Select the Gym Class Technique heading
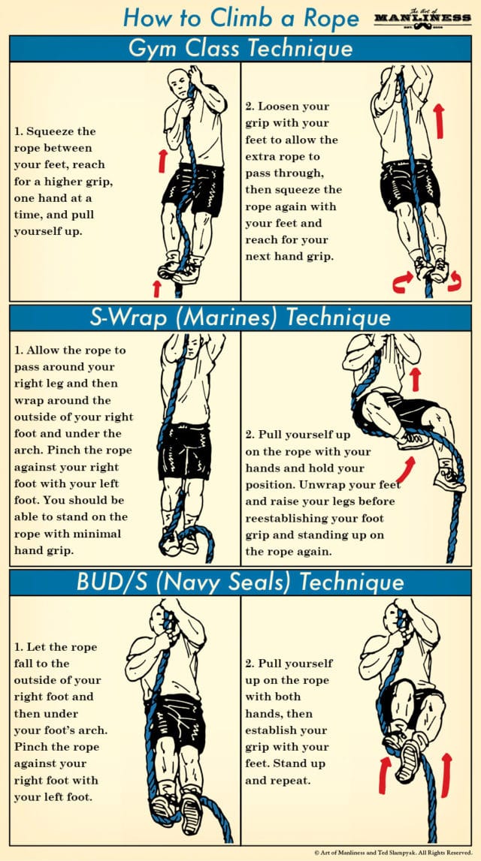(240, 49)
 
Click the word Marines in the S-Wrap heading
(197, 318)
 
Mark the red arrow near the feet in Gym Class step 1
(156, 288)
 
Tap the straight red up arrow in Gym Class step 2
(438, 120)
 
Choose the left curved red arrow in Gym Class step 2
(400, 284)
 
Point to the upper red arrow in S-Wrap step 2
(414, 379)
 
